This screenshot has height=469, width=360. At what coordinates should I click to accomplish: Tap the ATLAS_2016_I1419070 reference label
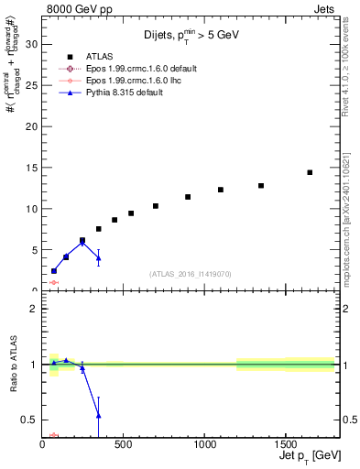pyautogui.click(x=191, y=273)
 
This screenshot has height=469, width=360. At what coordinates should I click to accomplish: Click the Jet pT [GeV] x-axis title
pyautogui.click(x=308, y=455)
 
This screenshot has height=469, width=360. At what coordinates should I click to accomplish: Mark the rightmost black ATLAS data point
pyautogui.click(x=310, y=172)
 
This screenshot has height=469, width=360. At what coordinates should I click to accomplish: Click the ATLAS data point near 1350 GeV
pyautogui.click(x=261, y=185)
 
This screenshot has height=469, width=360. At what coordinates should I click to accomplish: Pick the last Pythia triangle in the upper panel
pyautogui.click(x=98, y=258)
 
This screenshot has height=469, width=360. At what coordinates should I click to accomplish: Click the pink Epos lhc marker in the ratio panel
pyautogui.click(x=53, y=435)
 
